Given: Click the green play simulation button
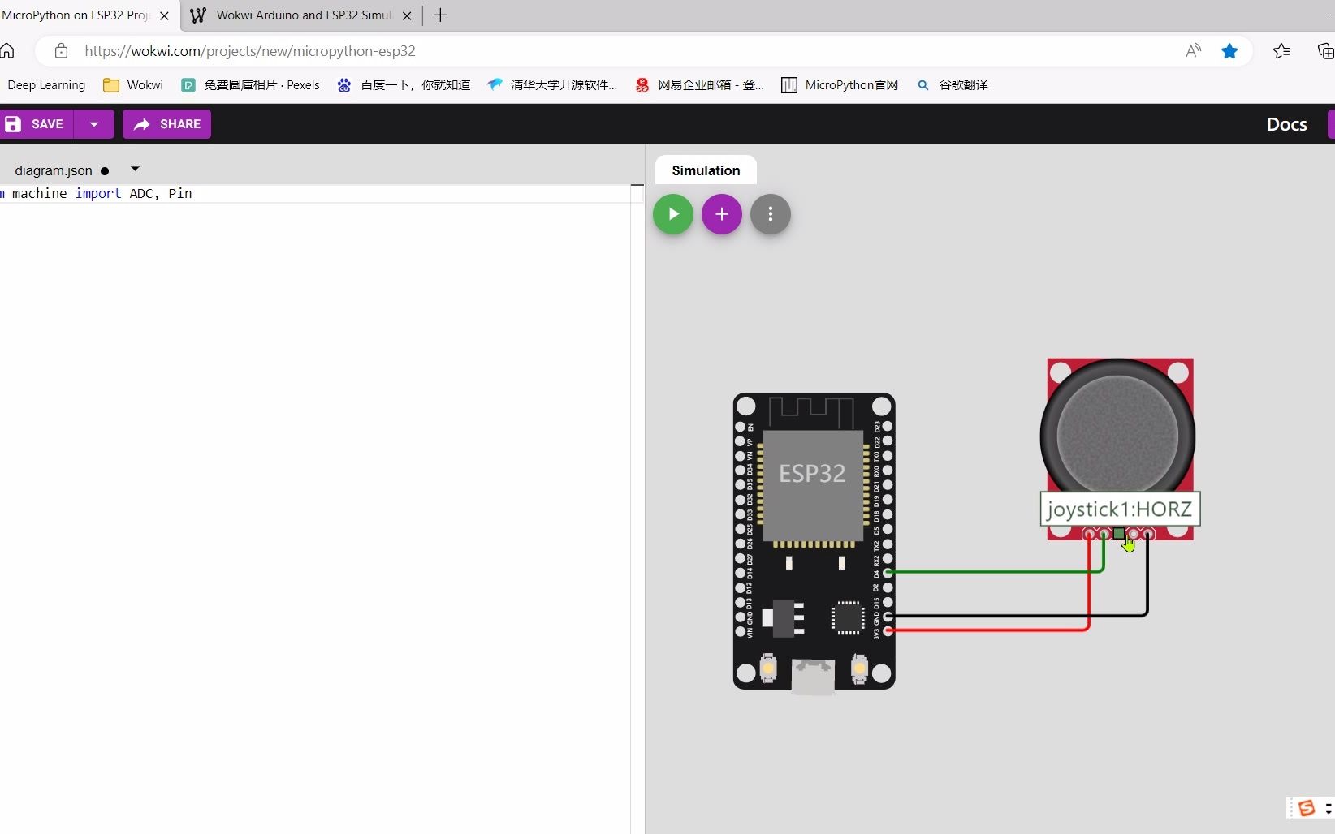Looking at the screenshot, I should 673,214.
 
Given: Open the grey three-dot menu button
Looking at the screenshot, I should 770,214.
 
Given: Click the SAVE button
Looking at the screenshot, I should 37,124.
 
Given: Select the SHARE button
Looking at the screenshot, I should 166,124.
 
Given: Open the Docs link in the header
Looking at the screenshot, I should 1286,124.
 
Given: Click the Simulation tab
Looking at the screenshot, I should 706,170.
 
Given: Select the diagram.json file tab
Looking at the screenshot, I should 54,170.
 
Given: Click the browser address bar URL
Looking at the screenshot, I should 250,51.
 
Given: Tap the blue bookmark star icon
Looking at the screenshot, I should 1229,51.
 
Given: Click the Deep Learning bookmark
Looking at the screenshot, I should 46,85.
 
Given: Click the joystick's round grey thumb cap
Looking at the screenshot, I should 1117,434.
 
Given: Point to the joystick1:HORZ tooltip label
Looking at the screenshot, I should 1119,509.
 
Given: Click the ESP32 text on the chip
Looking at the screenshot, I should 812,473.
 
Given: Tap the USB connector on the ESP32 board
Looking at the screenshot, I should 813,677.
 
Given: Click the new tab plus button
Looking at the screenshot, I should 440,15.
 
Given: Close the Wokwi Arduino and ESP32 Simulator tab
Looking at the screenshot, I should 407,15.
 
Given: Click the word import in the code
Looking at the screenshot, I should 98,193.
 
